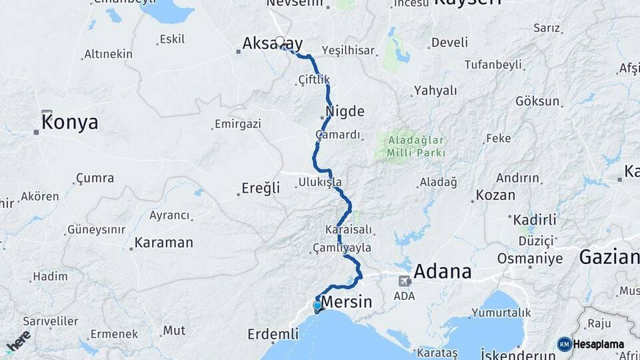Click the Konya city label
pos(69,123)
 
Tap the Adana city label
pos(443,272)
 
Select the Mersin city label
pos(347,302)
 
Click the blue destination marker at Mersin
pos(317,306)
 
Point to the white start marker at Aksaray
pos(280,41)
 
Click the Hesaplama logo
pos(591,344)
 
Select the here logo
pos(18,341)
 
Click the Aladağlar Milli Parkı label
pos(418,147)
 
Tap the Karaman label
pos(163,243)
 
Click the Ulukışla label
pos(320,182)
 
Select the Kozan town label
pos(496,195)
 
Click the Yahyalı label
pos(435,90)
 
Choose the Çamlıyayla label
pos(342,247)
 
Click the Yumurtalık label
pos(501,312)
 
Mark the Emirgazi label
pos(237,124)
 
